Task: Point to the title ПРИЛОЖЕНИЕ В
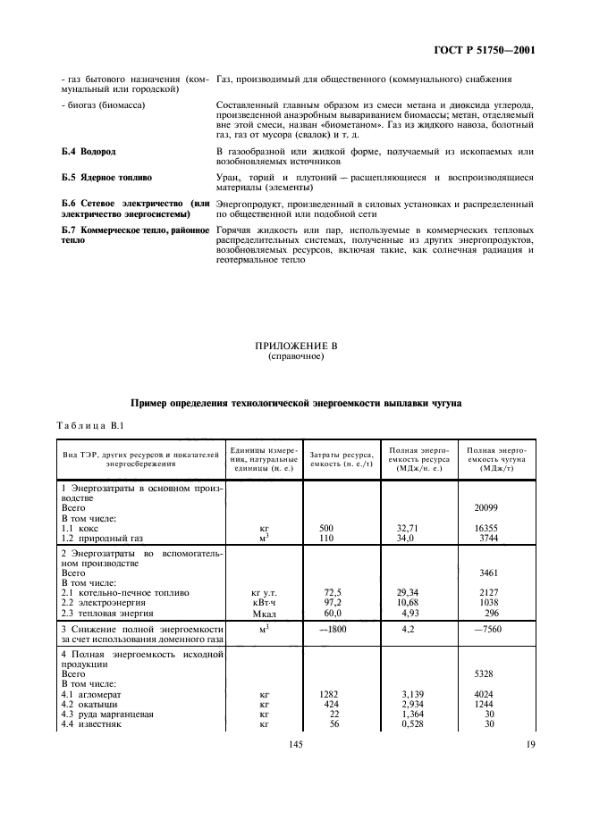click(x=294, y=346)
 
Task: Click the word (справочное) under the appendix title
click(x=295, y=356)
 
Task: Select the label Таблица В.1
click(x=85, y=426)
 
